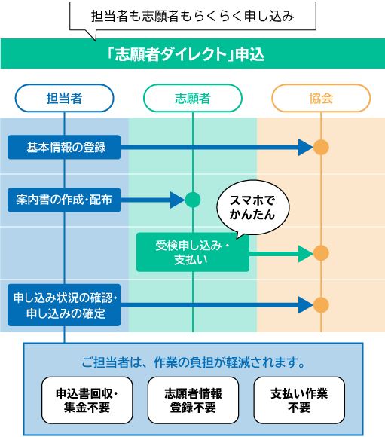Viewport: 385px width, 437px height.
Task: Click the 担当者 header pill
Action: pos(65,99)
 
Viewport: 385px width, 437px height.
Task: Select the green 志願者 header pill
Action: pos(193,99)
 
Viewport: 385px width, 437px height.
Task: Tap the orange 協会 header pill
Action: pos(321,99)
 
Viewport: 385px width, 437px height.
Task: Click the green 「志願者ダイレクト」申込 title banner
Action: pos(192,55)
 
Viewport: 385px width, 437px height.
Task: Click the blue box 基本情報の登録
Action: pos(65,148)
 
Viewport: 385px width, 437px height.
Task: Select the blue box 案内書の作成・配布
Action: pos(65,200)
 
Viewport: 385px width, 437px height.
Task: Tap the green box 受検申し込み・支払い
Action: pos(192,252)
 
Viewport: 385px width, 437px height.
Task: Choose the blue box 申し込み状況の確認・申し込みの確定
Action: pos(65,305)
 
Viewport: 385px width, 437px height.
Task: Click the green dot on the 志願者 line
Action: pos(193,200)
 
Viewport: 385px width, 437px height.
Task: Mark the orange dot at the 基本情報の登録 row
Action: pos(321,148)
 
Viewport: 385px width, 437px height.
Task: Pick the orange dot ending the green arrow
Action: pos(321,253)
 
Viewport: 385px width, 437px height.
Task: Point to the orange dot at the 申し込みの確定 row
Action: pos(321,305)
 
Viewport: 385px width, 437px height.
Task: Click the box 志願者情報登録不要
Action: pos(193,400)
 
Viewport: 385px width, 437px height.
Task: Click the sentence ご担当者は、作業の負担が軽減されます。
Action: pos(193,362)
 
